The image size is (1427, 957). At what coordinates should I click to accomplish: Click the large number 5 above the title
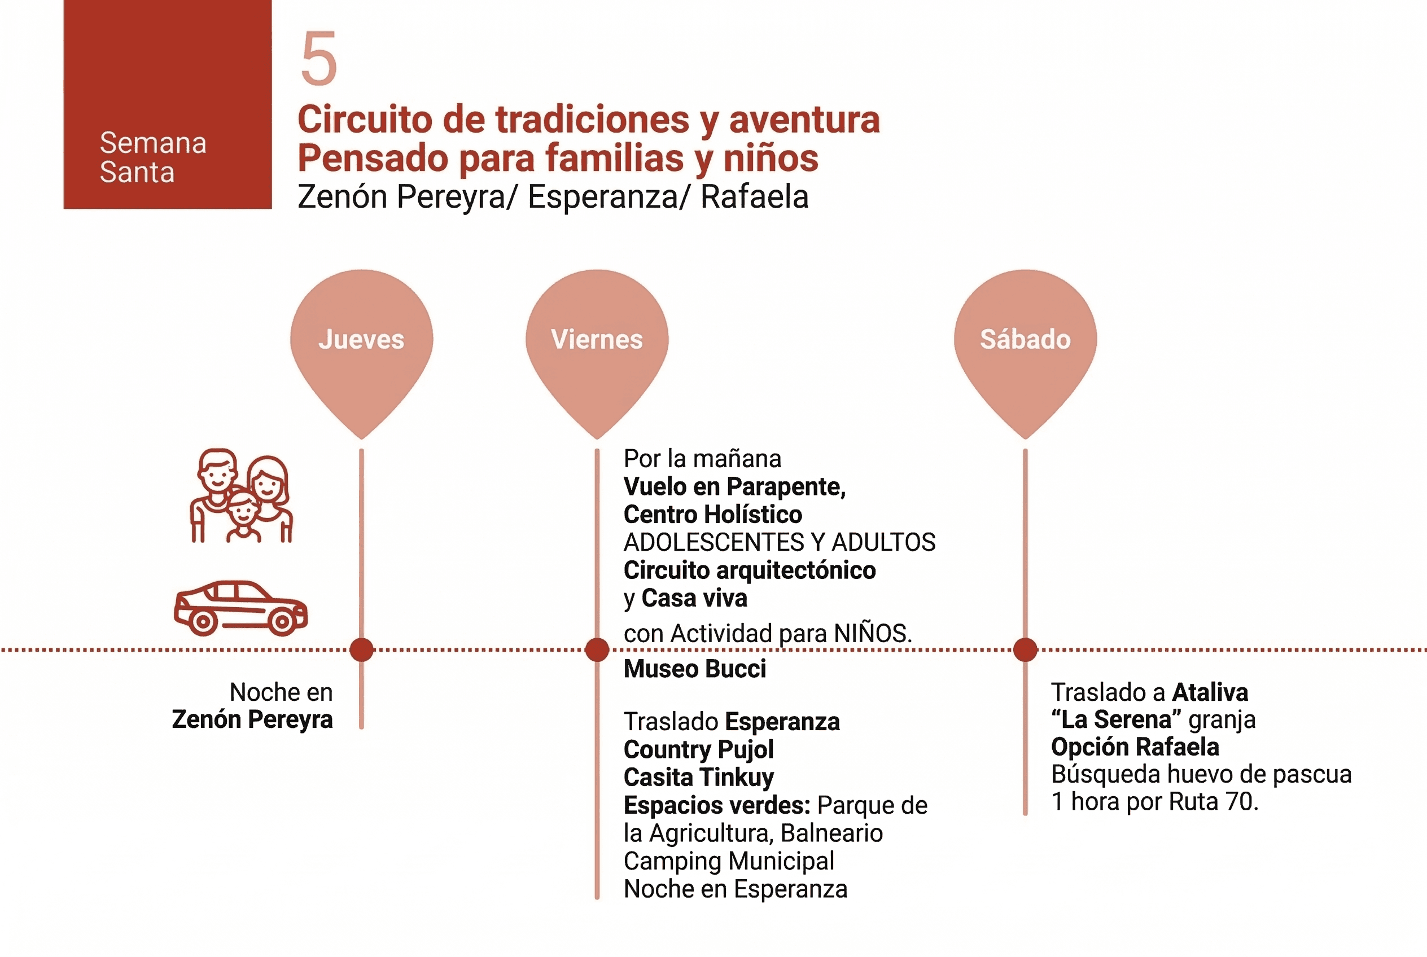pos(319,59)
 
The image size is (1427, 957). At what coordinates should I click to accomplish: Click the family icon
pos(242,495)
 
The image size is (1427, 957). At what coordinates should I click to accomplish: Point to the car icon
pos(240,608)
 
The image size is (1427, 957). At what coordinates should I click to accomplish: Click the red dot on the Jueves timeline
pos(361,649)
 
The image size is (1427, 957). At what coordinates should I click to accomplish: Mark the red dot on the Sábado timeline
pos(1025,649)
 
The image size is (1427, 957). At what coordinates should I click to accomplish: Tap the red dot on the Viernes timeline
pos(597,649)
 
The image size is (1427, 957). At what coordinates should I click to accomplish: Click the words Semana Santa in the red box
pos(152,157)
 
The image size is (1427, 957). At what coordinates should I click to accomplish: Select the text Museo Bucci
pos(694,669)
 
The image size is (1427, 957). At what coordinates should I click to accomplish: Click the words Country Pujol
pos(698,749)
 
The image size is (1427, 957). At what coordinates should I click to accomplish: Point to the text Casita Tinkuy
pos(698,778)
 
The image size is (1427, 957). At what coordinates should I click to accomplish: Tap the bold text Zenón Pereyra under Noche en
pos(252,719)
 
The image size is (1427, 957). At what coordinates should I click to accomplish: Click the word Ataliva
pos(1210,693)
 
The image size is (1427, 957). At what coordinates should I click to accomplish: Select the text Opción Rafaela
pos(1135,747)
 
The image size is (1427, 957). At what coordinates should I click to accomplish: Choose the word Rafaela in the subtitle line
pos(754,196)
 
